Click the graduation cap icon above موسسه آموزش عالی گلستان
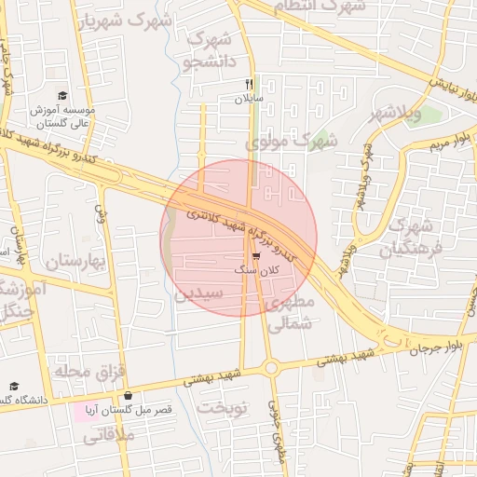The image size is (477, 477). [62, 95]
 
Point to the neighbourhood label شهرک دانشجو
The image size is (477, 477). [206, 51]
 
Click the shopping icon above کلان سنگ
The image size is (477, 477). [256, 256]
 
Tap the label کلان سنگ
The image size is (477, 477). [257, 269]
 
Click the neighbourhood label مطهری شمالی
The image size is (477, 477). [290, 313]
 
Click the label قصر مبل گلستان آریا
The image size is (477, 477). [128, 410]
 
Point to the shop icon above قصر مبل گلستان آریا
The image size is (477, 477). [128, 396]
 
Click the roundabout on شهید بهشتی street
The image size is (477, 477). [271, 367]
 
